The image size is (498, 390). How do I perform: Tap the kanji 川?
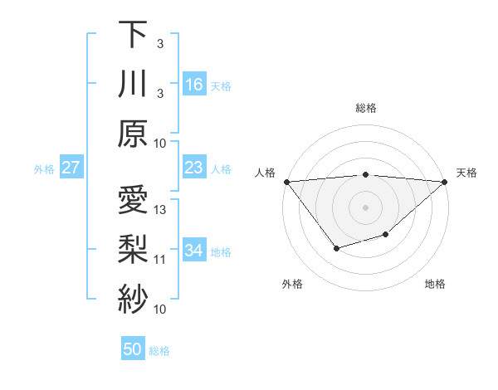click(133, 85)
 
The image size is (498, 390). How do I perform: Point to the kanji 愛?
click(133, 202)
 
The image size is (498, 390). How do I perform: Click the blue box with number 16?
click(194, 85)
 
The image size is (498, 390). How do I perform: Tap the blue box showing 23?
click(194, 168)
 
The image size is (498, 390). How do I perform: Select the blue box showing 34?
click(194, 251)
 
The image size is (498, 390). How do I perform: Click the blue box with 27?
click(71, 168)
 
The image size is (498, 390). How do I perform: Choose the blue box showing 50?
click(133, 349)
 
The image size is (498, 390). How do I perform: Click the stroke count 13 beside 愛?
click(160, 210)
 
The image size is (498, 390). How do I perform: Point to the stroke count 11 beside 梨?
click(160, 260)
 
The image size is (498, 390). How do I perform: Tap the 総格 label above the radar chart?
click(365, 108)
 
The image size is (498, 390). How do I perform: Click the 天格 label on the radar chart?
click(467, 173)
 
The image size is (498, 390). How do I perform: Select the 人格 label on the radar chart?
click(264, 173)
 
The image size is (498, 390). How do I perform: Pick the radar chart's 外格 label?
click(292, 284)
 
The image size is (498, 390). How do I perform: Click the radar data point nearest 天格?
click(445, 182)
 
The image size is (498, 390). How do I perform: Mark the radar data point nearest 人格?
click(286, 181)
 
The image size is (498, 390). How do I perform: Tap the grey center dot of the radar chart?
click(365, 207)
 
